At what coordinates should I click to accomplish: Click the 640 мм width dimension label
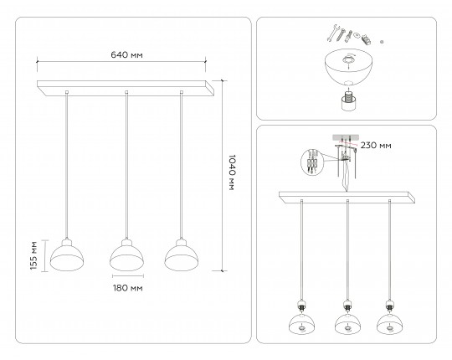coord(126,54)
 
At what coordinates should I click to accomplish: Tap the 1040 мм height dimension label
coord(232,172)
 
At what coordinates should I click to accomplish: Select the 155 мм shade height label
coord(33,255)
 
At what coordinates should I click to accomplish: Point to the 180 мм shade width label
coord(127,288)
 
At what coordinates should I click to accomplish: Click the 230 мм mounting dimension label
coord(376,146)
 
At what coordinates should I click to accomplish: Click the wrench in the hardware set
coord(333,33)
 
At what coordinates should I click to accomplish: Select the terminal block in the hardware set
coord(366,39)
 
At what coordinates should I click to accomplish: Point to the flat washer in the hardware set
coord(357,35)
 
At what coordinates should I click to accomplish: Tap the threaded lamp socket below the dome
coord(349,100)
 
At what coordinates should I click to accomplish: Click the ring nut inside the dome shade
coord(348,60)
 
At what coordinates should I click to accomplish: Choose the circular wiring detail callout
coord(311,162)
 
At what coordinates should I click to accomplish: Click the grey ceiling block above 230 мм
coord(346,137)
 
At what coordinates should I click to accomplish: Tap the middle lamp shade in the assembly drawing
coord(347,324)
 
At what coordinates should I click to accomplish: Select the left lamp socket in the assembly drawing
coord(302,306)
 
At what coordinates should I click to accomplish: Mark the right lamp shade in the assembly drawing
coord(390,324)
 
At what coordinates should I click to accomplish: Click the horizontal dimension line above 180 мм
coord(128,275)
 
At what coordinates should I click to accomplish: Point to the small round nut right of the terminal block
coord(382,42)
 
